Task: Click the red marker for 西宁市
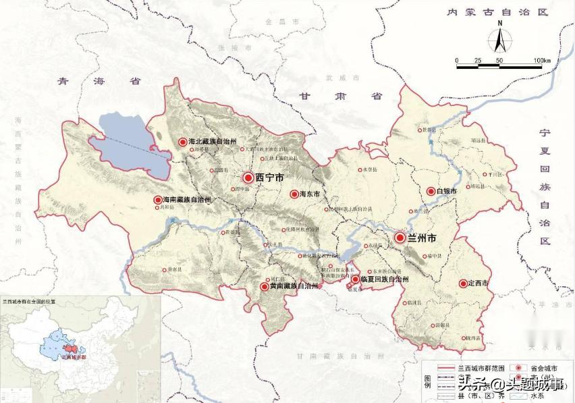click(x=248, y=178)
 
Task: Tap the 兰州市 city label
click(x=421, y=238)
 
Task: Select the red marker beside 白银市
click(x=431, y=192)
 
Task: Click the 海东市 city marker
click(x=294, y=194)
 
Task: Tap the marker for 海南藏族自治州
click(x=158, y=200)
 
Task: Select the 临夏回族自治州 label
click(x=384, y=278)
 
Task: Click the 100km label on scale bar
click(x=543, y=61)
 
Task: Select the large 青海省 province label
click(x=99, y=81)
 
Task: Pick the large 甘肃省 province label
click(x=341, y=96)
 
